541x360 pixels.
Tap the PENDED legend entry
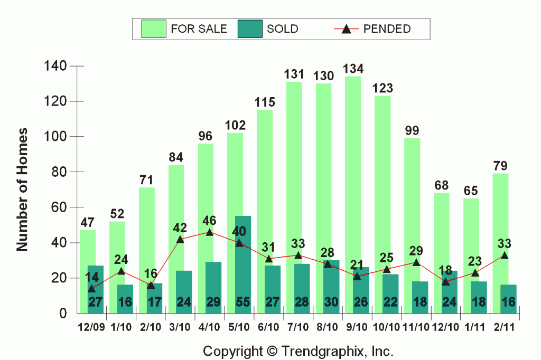click(372, 29)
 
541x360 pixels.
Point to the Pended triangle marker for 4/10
click(210, 232)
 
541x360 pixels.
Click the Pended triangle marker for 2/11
click(505, 255)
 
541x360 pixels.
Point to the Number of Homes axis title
click(22, 189)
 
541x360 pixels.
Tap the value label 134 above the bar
click(353, 69)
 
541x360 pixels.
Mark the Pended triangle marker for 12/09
click(92, 289)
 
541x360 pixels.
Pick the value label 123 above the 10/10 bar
click(383, 88)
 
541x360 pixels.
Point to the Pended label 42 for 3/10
click(181, 228)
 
